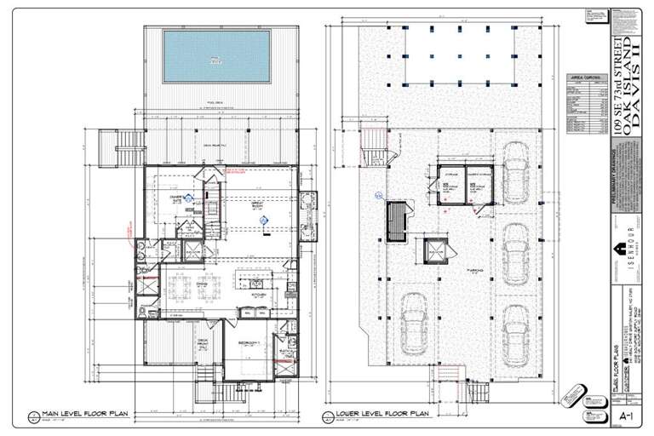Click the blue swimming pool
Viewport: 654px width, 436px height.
216,56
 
